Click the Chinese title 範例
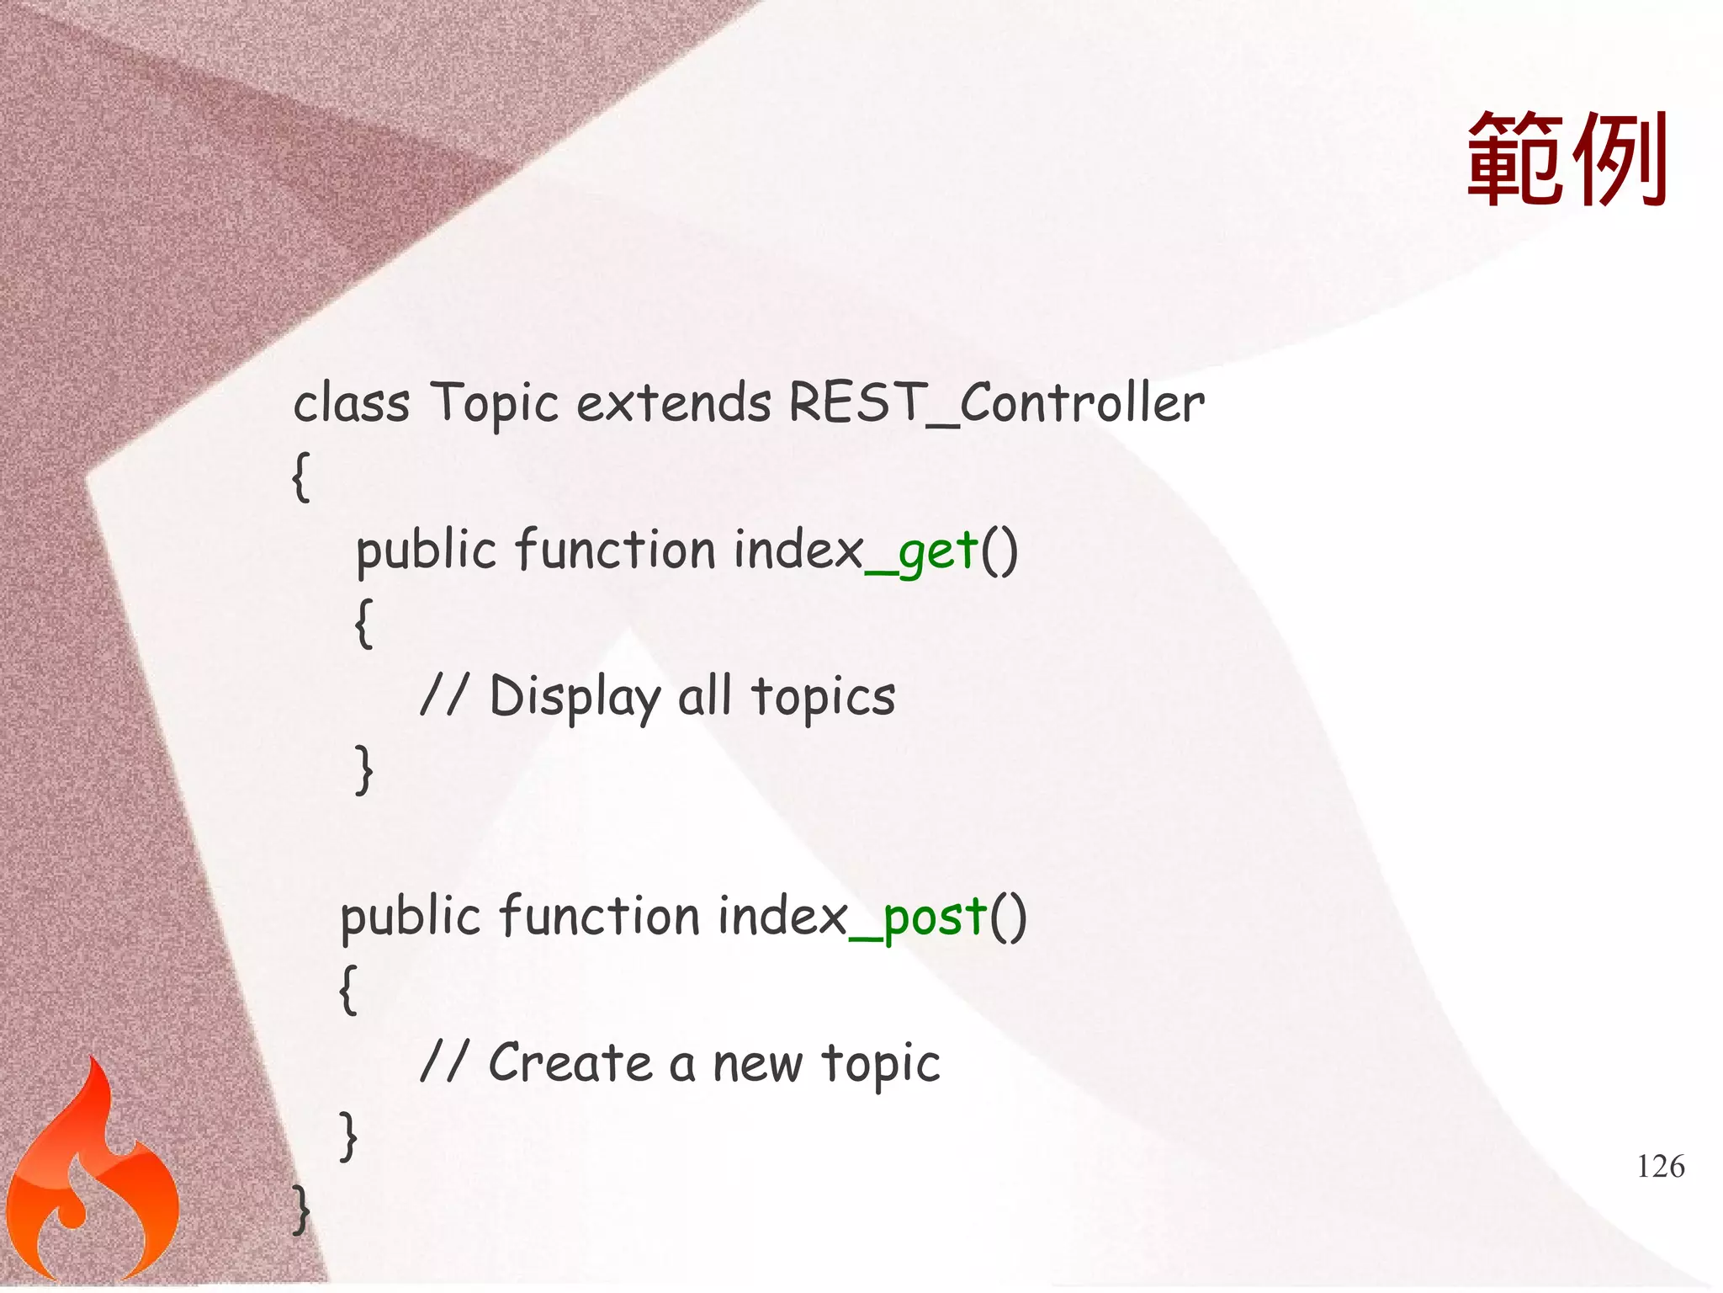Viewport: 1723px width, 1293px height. pos(1567,160)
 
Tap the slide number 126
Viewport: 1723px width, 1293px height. pos(1660,1166)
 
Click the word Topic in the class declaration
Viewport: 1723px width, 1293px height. pos(494,404)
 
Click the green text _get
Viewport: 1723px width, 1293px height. pos(922,552)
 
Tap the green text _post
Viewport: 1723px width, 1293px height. pos(918,918)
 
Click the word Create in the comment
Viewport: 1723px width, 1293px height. pos(570,1062)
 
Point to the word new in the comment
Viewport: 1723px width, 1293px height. pos(756,1064)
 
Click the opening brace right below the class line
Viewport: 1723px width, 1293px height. pos(301,476)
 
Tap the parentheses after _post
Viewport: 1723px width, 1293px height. pos(1008,918)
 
